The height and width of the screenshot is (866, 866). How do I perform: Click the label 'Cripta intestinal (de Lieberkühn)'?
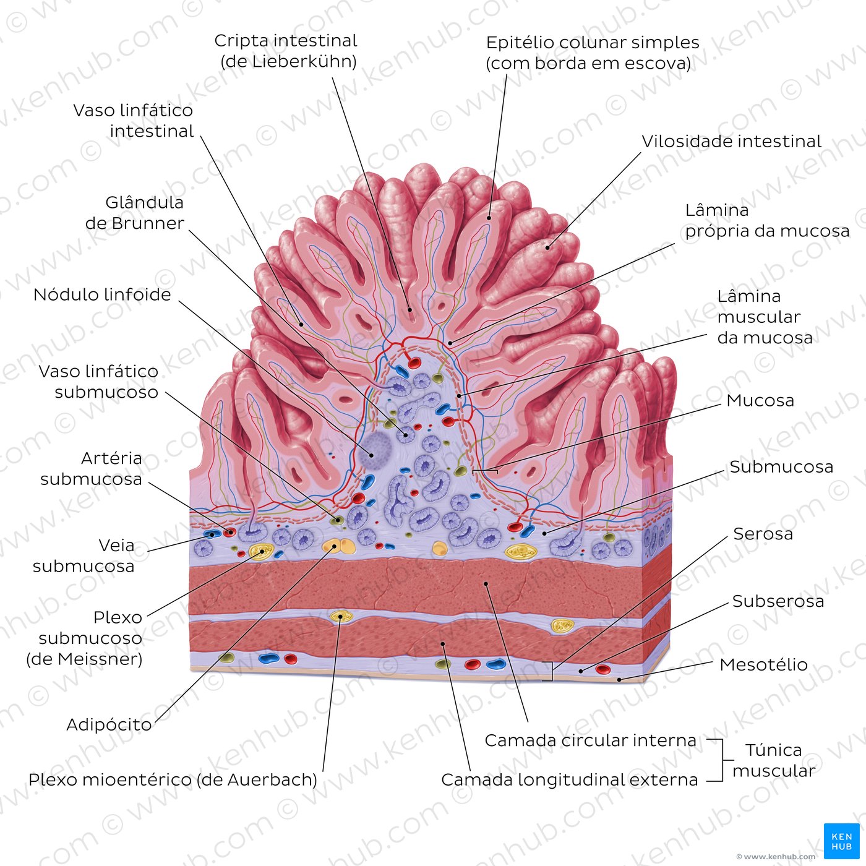click(285, 51)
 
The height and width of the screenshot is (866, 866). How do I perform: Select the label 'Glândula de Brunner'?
click(135, 213)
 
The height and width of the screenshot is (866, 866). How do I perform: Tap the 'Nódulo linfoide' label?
click(102, 295)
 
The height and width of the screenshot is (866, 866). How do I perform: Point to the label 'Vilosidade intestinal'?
click(731, 142)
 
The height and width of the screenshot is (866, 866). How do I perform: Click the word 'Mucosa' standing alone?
click(760, 400)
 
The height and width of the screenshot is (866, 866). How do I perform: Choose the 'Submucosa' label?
click(781, 467)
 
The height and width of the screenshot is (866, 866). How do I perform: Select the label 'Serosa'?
click(763, 534)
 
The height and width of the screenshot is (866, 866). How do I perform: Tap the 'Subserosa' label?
click(778, 601)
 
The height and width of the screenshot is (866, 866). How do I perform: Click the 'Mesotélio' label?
click(763, 664)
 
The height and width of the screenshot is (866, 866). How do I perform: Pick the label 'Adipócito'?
click(109, 725)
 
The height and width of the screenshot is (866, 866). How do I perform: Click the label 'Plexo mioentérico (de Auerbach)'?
click(173, 780)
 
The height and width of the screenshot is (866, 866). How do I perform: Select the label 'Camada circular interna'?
click(591, 740)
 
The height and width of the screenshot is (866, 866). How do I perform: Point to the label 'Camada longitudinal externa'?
click(569, 780)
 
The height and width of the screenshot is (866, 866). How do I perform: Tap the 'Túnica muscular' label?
click(774, 760)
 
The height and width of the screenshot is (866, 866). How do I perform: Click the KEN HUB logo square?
click(842, 841)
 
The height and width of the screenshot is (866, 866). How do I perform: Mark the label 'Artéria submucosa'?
click(91, 469)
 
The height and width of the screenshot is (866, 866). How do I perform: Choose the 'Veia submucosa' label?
click(84, 556)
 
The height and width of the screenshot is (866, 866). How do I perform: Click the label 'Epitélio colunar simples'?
click(593, 43)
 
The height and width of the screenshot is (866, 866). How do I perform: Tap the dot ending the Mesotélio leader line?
click(619, 679)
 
